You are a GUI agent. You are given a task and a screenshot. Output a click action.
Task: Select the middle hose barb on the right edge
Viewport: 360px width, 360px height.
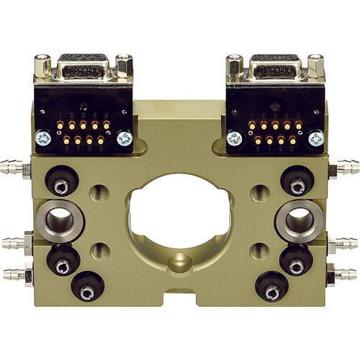[346, 244]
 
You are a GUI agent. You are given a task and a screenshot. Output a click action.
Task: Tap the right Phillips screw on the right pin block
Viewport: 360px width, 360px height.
[315, 138]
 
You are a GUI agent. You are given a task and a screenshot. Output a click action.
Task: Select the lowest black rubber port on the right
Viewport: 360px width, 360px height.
[272, 289]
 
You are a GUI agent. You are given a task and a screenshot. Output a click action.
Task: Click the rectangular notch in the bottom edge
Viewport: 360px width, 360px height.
[180, 297]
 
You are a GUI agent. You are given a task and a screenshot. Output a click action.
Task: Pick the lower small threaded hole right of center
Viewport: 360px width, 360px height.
[258, 251]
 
